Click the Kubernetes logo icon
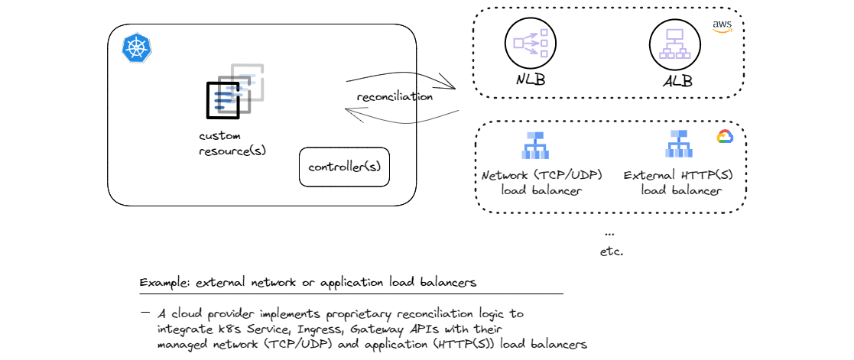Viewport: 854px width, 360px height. [137, 49]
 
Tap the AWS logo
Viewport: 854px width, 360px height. [722, 27]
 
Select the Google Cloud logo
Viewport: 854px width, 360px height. [724, 137]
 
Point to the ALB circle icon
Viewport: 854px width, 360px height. [675, 44]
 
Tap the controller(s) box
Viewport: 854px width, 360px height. [344, 167]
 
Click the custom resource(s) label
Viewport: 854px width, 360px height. [232, 143]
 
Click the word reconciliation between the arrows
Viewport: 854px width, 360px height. [395, 97]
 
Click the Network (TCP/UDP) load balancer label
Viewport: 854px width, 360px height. [541, 183]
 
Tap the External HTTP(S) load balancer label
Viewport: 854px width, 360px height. [680, 183]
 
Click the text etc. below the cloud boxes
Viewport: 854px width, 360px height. [612, 250]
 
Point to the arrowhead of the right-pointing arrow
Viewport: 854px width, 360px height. [453, 88]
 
